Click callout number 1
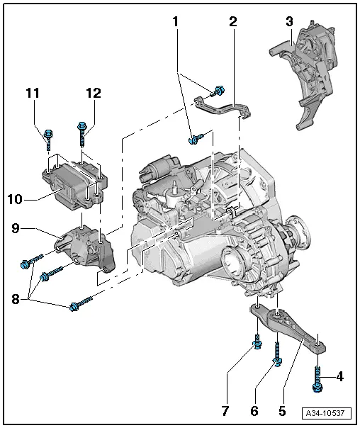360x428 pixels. pyautogui.click(x=175, y=23)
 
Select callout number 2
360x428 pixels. pyautogui.click(x=232, y=23)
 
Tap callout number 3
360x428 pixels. pyautogui.click(x=288, y=23)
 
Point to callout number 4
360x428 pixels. pyautogui.click(x=340, y=376)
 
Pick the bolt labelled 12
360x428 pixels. pyautogui.click(x=82, y=134)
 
